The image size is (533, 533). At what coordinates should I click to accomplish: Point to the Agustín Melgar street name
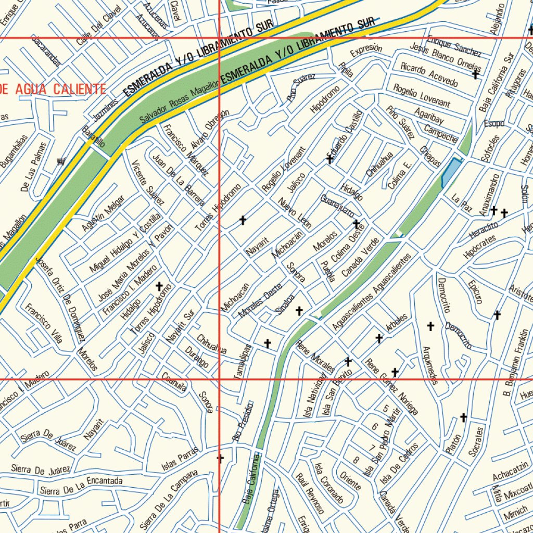click(x=103, y=214)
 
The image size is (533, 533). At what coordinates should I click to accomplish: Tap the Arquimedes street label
click(x=430, y=365)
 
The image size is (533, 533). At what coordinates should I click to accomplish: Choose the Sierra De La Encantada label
click(x=81, y=486)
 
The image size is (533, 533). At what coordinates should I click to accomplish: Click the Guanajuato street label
click(x=337, y=207)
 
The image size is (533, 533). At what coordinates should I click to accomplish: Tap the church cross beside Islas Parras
click(x=220, y=459)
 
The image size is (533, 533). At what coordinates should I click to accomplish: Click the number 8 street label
click(x=356, y=460)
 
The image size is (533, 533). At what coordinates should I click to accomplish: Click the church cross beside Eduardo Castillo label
click(x=329, y=159)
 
